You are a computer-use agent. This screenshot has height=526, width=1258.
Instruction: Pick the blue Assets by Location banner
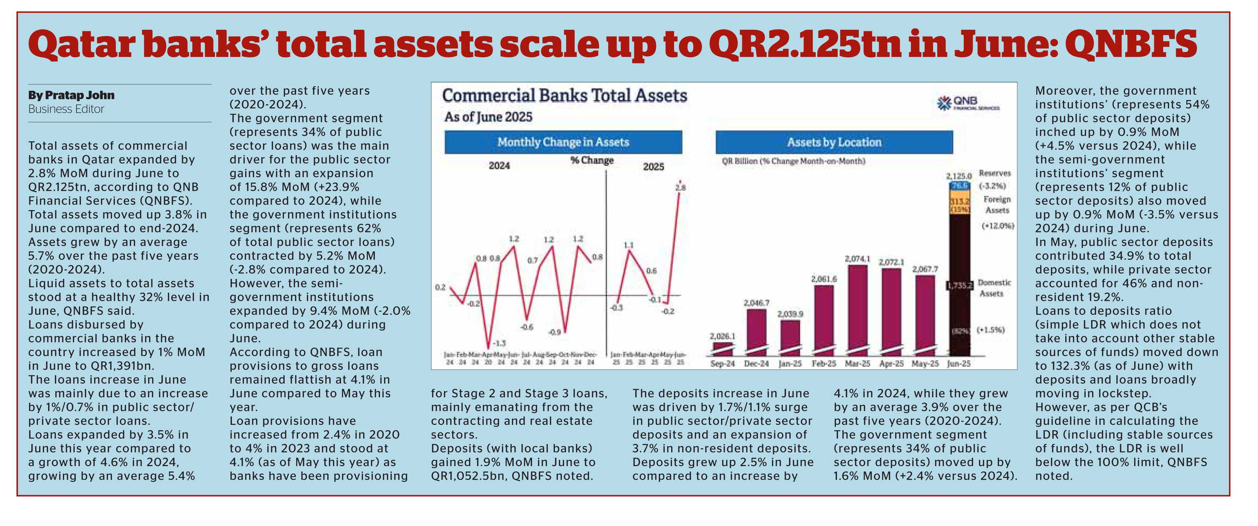(834, 142)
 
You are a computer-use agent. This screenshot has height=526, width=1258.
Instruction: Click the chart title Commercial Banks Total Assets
(564, 96)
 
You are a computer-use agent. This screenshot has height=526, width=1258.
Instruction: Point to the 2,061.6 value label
(824, 279)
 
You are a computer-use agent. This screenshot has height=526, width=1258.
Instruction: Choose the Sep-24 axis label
(722, 364)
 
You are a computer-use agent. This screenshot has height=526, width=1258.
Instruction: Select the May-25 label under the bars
(925, 364)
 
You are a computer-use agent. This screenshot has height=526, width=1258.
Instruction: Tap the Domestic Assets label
(994, 288)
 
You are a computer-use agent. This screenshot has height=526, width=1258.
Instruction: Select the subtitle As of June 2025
(488, 117)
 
